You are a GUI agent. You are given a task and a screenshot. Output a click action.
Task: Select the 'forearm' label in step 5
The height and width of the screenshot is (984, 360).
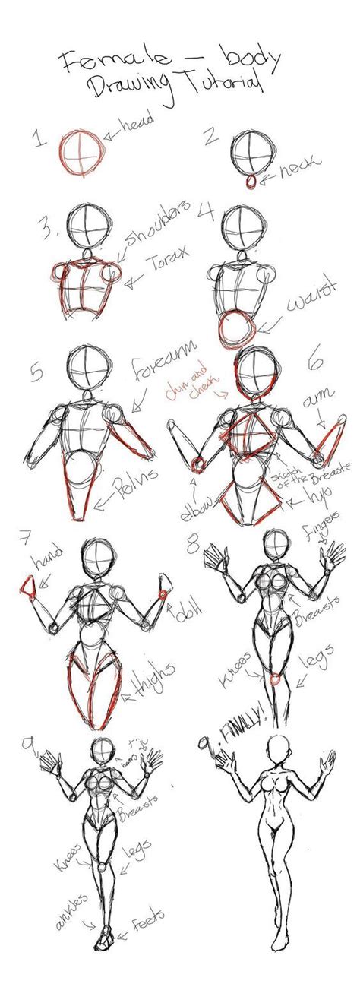point(160,372)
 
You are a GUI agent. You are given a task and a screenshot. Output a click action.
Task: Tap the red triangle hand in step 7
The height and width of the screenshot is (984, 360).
point(27,586)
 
